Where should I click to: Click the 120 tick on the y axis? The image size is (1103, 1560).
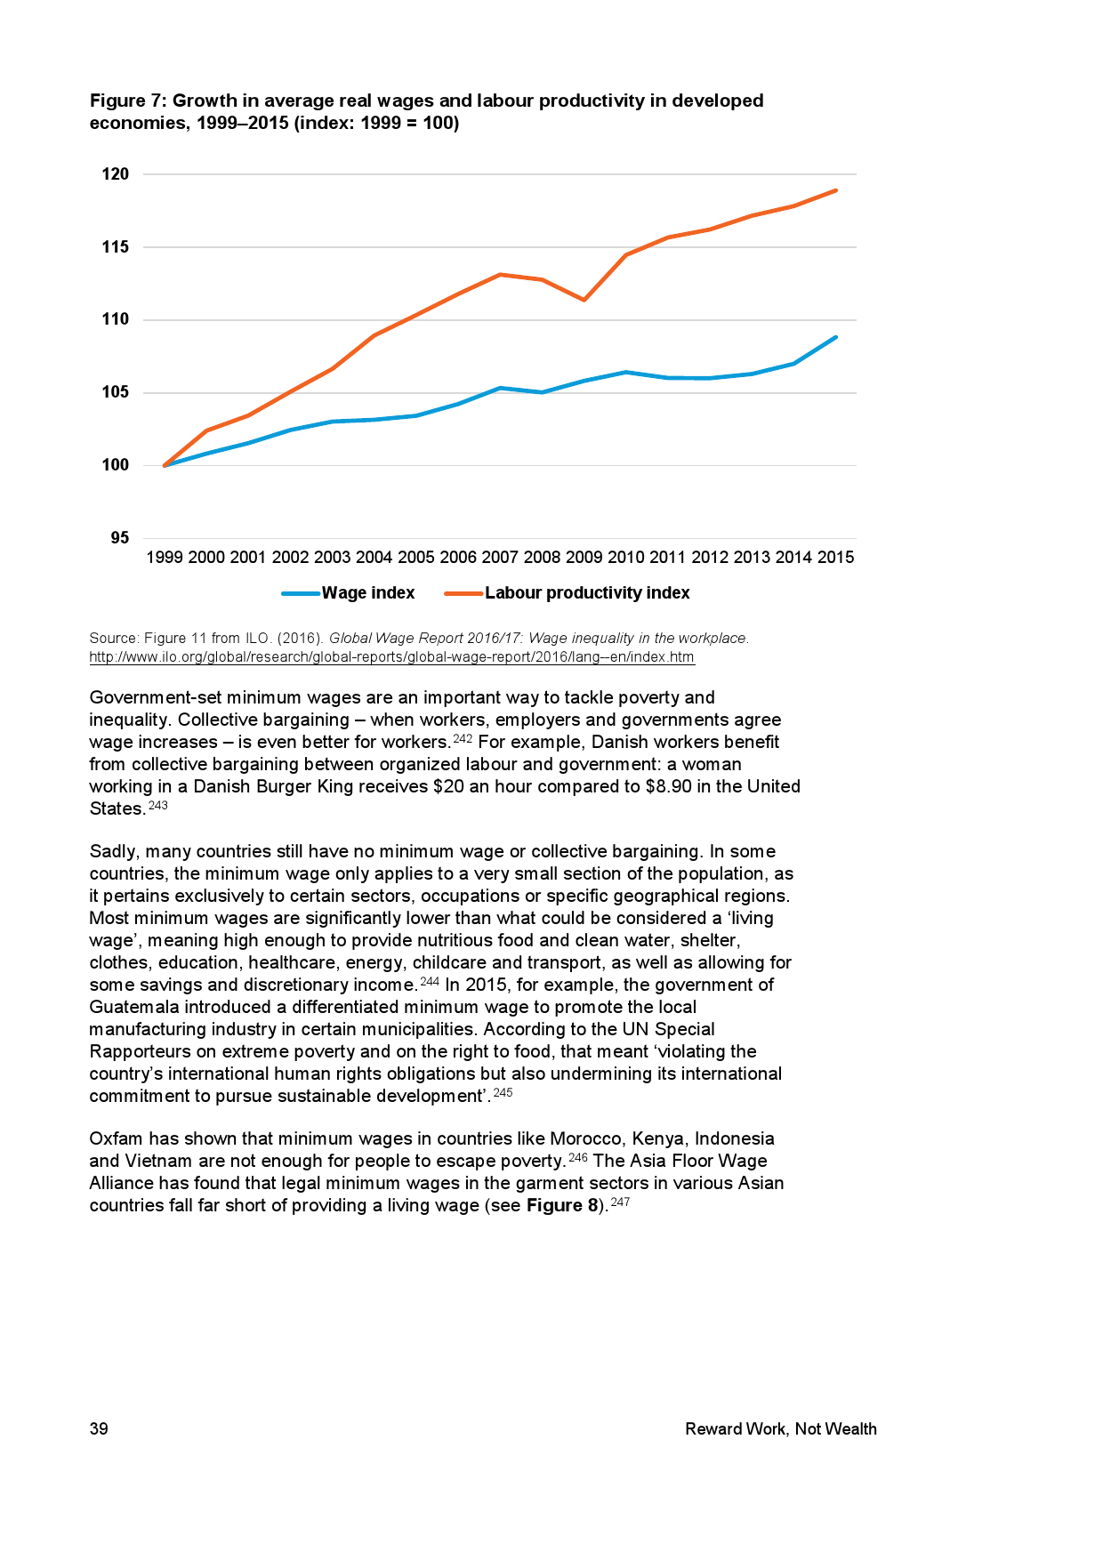[x=116, y=174]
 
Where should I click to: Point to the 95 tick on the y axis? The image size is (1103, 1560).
[x=120, y=538]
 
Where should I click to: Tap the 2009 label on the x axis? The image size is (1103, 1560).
[x=584, y=558]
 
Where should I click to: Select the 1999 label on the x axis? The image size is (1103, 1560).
[x=165, y=558]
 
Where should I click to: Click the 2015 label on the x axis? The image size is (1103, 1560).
[x=835, y=558]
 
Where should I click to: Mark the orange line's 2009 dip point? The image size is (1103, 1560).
[x=584, y=300]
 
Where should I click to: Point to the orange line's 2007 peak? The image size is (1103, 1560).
[x=500, y=274]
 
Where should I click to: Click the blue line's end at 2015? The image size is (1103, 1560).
[x=835, y=337]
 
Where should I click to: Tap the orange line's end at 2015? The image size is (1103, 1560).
[x=835, y=190]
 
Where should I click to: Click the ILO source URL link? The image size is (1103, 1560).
[x=391, y=657]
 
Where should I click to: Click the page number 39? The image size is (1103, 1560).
[x=99, y=1429]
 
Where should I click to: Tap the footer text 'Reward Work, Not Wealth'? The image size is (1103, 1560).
[x=780, y=1429]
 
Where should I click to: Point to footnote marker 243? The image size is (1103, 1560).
[x=157, y=806]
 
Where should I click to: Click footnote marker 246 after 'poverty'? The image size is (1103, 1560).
[x=578, y=1158]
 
